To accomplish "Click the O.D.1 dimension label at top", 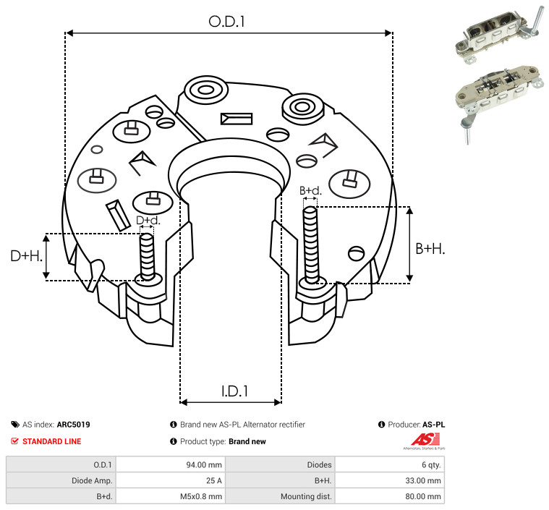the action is pos(226,22).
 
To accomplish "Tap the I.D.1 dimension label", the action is pos(234,391).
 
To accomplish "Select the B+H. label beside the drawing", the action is pos(430,249).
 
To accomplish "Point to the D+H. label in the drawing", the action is pos(26,256).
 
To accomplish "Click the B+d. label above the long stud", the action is pos(310,190).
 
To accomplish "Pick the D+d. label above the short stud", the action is pos(148,221).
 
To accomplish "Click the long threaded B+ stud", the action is pos(311,245).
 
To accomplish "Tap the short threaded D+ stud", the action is pos(147,257).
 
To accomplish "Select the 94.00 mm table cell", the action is pos(204,465).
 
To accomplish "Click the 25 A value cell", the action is pos(213,480).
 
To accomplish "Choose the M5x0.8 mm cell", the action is pos(201,496).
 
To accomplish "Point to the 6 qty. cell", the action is pos(431,465).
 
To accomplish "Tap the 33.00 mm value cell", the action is pos(423,480).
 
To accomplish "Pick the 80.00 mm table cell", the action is pos(423,496).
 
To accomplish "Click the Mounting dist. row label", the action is pos(306,496).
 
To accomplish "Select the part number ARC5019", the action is pos(74,425).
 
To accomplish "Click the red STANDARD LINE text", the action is pos(52,441).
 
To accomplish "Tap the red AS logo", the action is pos(425,440).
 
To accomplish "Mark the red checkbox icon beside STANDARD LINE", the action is pos(14,441).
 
